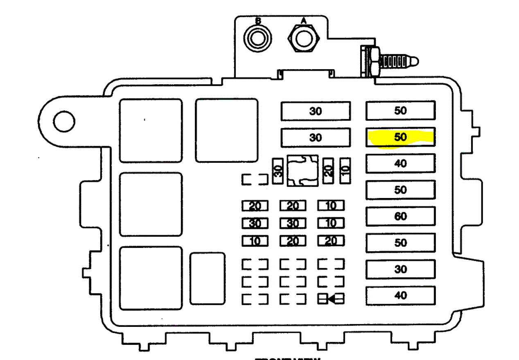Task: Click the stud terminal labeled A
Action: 303,39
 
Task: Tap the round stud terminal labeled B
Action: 257,39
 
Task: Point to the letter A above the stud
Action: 303,20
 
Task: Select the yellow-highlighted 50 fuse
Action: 400,137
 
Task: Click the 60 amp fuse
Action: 400,216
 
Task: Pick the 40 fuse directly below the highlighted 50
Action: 400,164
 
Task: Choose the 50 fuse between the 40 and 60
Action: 400,190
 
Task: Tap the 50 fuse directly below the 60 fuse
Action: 400,243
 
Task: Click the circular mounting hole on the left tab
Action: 64,122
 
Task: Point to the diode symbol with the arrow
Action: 331,299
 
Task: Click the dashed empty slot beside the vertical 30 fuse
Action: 255,180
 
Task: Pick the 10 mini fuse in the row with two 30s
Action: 331,223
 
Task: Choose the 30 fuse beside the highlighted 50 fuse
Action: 316,137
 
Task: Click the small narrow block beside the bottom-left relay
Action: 208,279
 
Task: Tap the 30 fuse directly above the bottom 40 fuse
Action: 400,269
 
